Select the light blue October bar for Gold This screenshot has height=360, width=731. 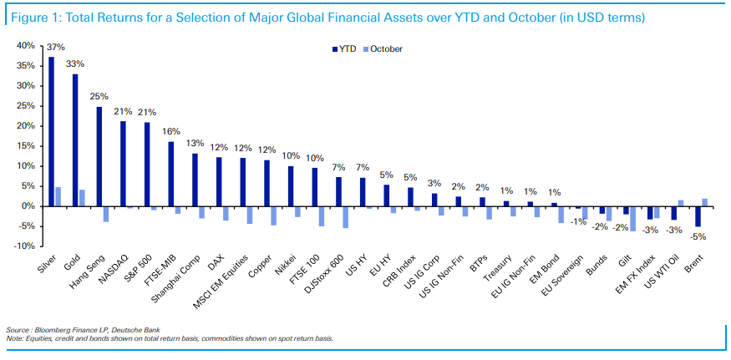point(81,198)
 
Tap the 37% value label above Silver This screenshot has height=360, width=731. point(54,48)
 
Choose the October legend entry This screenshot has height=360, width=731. point(383,49)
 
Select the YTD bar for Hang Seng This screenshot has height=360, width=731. point(99,156)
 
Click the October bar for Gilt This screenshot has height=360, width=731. point(632,218)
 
